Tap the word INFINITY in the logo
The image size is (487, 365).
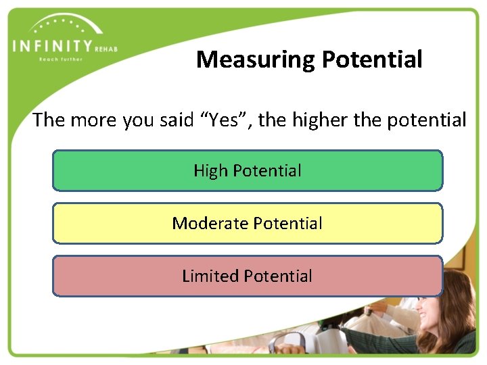(x=52, y=47)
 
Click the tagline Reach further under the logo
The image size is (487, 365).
(x=60, y=59)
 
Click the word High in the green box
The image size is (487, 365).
(x=210, y=170)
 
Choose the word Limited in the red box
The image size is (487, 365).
(x=210, y=276)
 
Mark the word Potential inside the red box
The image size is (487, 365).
(x=278, y=276)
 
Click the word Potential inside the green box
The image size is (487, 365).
(x=267, y=170)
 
